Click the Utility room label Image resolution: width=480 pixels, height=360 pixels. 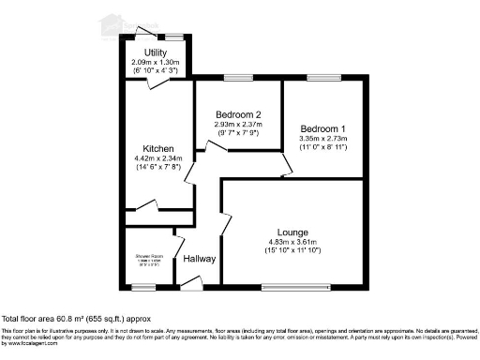[x=157, y=52]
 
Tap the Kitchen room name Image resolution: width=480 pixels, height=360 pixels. [x=157, y=149]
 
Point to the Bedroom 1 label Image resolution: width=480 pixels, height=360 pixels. [x=322, y=127]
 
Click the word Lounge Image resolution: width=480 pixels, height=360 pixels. [x=292, y=231]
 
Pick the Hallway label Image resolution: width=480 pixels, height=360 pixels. [x=199, y=259]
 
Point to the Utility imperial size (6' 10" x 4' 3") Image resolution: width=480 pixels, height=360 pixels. [x=157, y=69]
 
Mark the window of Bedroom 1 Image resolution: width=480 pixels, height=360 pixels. [x=322, y=79]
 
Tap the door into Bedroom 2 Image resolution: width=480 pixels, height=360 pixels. [x=202, y=145]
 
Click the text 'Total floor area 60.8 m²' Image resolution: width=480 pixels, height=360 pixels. [x=69, y=319]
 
